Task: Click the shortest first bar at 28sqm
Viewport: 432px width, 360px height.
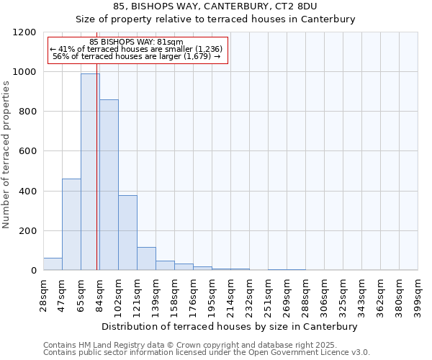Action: [x=53, y=264]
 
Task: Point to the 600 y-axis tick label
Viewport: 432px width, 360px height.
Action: [x=28, y=151]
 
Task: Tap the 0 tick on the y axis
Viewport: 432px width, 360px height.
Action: [x=34, y=271]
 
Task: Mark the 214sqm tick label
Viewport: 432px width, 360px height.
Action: [x=231, y=294]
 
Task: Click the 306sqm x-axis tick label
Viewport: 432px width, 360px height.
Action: [x=325, y=294]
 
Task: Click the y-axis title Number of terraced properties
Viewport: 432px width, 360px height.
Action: [x=6, y=154]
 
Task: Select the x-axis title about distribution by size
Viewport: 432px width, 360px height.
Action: [x=229, y=326]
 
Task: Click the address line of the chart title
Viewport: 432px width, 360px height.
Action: [x=215, y=6]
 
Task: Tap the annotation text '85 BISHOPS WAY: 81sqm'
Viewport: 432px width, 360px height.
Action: [x=136, y=42]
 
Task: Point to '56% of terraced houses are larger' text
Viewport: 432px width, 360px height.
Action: [x=136, y=56]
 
